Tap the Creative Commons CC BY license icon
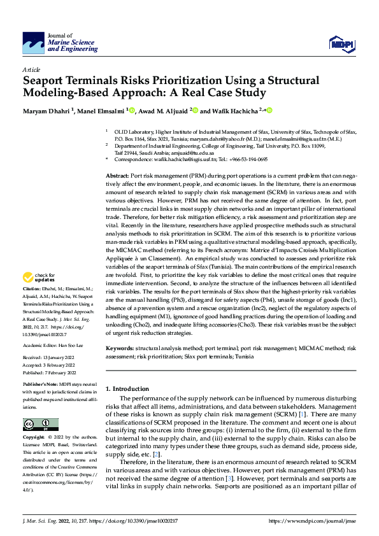tap(37, 425)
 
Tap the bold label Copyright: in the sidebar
tap(34, 438)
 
